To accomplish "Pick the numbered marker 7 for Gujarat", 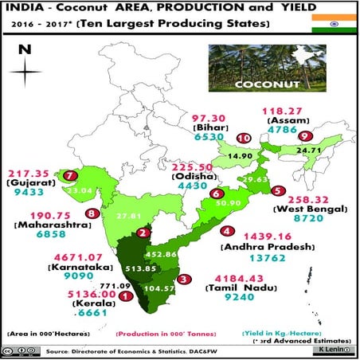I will pos(72,175).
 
